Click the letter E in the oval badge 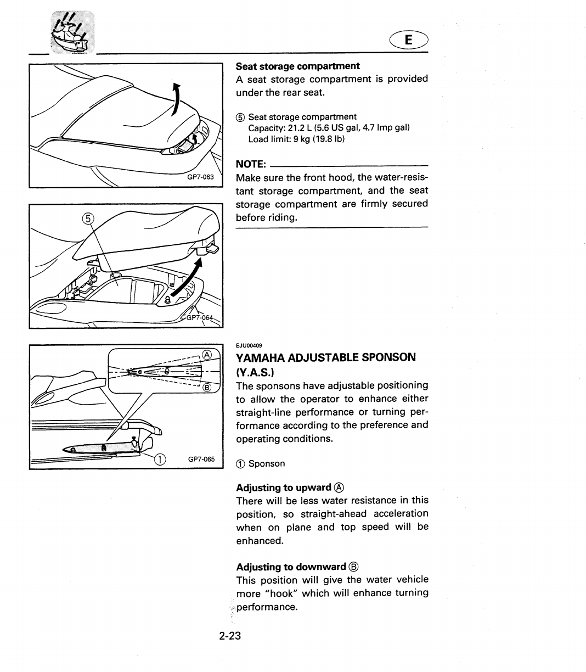coord(408,40)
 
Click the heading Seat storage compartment coord(297,66)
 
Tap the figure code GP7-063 coord(207,177)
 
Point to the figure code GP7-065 coord(201,459)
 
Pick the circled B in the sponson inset coord(207,388)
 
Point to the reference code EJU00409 coord(249,345)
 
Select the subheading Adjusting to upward coord(284,488)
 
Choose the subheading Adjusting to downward coord(291,567)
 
